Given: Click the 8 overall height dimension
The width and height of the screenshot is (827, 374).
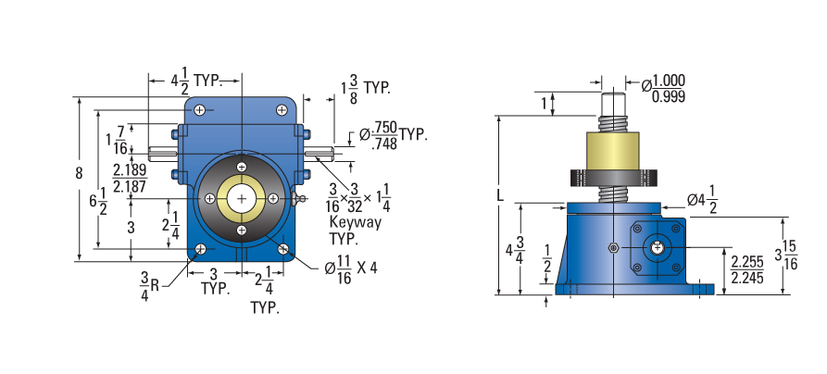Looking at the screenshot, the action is [79, 173].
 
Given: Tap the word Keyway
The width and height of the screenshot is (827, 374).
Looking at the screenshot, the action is [355, 222].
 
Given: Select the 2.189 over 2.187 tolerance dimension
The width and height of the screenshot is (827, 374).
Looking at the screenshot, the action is [131, 179].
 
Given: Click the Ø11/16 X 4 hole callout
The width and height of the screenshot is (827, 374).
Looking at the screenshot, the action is [351, 268].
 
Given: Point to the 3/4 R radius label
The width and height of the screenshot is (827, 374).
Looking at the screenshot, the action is [149, 286].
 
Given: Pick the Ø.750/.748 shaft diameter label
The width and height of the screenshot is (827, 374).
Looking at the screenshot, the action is [393, 135].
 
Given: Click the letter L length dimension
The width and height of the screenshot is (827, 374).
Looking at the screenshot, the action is [500, 195].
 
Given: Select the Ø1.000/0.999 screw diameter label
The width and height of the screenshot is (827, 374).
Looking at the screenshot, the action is [663, 88].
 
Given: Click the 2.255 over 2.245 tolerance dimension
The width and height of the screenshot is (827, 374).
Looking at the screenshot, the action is [746, 270].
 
